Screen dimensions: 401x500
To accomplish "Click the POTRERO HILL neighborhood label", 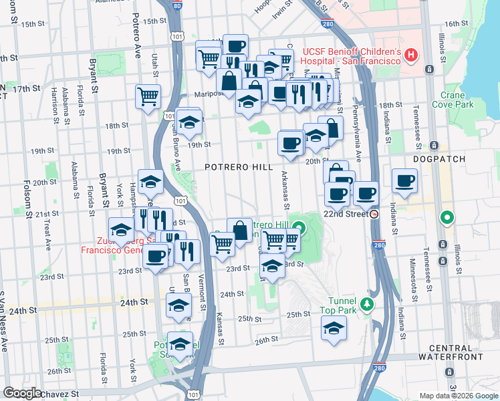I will click(234, 166).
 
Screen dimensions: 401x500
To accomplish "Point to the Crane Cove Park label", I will click(453, 100).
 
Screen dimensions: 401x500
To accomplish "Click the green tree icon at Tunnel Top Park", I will click(366, 305).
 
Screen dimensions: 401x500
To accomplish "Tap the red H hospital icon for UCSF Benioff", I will click(411, 53).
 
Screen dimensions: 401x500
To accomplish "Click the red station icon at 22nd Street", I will click(374, 214).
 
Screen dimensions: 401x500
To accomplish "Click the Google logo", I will click(22, 393).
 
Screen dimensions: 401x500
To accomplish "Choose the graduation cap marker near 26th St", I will click(334, 328).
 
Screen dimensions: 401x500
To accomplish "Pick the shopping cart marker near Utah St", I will click(148, 95).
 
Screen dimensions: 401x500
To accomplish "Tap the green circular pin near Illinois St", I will click(446, 218).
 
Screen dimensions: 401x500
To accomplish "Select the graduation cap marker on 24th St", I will click(178, 305).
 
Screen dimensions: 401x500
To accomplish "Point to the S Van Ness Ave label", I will click(4, 321).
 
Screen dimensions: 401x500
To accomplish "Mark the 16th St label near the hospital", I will click(457, 23).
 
